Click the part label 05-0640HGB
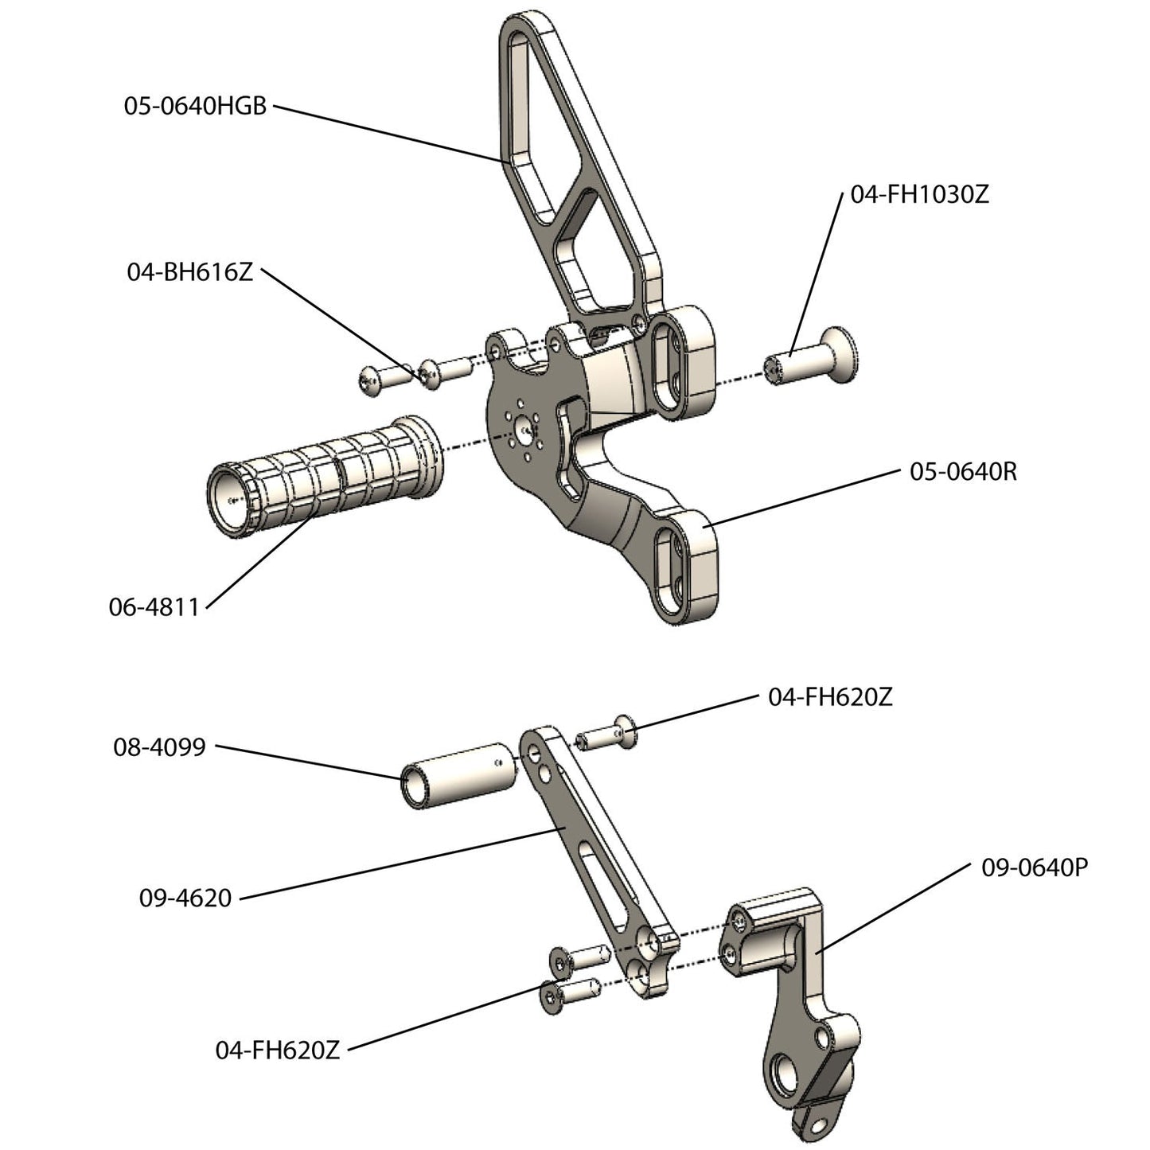[x=195, y=106]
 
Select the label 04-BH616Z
[x=189, y=272]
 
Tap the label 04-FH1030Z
[x=919, y=194]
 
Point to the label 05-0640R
[x=963, y=472]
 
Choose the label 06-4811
[x=154, y=607]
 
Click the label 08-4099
[x=159, y=747]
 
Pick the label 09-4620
[x=185, y=898]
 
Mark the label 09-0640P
[x=1034, y=867]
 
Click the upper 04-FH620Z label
[x=830, y=697]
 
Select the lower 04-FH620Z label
[x=278, y=1050]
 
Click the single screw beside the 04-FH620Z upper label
[x=609, y=733]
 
